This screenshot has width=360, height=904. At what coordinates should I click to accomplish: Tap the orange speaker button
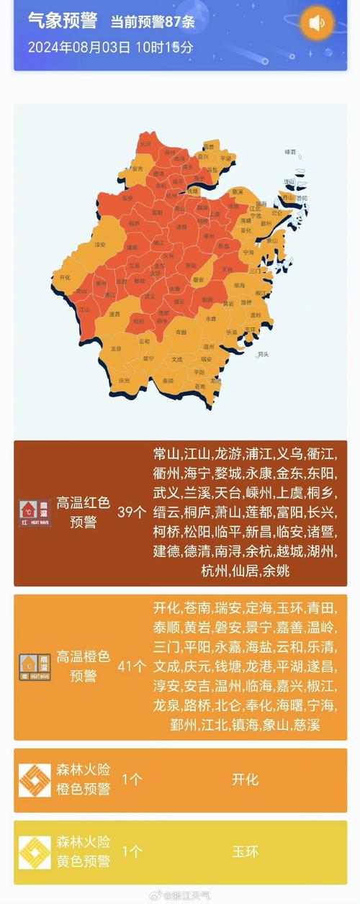tap(317, 23)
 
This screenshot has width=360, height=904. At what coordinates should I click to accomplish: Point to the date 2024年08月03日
tap(79, 48)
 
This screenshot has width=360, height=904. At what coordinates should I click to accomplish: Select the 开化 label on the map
tap(65, 277)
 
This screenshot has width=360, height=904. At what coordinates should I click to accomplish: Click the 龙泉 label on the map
tap(116, 348)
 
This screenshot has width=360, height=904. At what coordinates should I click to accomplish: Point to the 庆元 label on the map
tap(124, 380)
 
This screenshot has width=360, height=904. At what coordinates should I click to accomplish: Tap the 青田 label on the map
tap(181, 332)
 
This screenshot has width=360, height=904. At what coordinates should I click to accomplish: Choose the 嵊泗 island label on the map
tap(290, 152)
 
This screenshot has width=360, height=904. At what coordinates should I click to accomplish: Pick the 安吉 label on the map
tap(137, 169)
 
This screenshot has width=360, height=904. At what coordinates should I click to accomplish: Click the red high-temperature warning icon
tap(34, 512)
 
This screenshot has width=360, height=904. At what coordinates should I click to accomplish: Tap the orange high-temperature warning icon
tap(34, 666)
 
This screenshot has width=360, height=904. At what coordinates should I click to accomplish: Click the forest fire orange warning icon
tap(34, 780)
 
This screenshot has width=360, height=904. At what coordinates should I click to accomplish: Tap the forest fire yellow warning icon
tap(34, 852)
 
